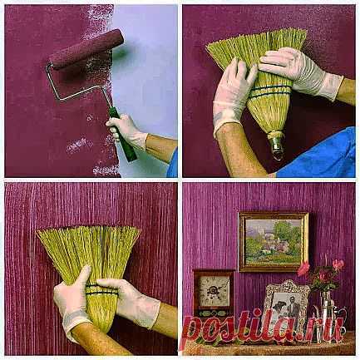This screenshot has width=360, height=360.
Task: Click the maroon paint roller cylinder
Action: coord(86,49)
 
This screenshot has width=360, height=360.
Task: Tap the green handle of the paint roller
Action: coord(122,135)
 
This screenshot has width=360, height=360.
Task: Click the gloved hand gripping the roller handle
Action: coord(126,131)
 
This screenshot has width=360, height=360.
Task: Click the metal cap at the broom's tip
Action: coord(276,144)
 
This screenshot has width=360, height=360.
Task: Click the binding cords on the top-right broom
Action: coord(270,91)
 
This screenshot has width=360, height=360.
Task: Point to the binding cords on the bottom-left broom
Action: coord(102,288)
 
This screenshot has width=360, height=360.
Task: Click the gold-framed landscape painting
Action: coord(274,242)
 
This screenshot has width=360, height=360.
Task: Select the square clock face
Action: coord(214,291)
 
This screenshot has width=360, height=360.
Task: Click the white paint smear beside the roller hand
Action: coord(79,145)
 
